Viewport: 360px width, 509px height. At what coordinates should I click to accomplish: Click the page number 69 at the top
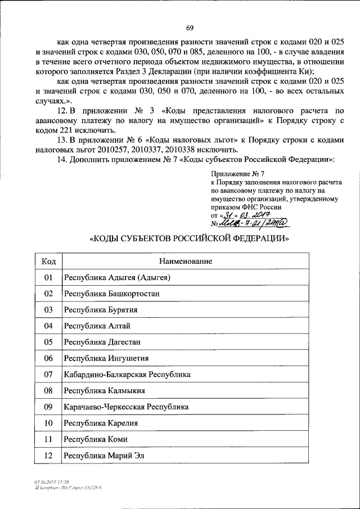[190, 29]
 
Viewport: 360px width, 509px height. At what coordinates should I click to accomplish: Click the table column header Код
[48, 262]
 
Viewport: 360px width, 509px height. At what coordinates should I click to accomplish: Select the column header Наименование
[185, 262]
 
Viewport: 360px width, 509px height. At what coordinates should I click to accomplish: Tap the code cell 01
[48, 277]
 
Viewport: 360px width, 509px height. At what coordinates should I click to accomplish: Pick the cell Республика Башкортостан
[107, 294]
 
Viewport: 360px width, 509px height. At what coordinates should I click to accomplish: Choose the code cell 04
[48, 326]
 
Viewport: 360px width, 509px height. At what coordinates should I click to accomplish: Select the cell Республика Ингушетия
[106, 358]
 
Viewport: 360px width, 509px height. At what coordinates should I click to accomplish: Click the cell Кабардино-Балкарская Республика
[127, 374]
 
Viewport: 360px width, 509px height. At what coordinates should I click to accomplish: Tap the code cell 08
[48, 390]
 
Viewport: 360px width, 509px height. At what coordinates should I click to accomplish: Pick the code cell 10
[48, 423]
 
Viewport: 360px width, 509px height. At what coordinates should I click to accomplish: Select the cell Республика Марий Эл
[104, 455]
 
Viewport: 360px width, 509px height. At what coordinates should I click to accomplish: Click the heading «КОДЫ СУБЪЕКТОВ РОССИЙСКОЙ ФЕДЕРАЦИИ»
[190, 238]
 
